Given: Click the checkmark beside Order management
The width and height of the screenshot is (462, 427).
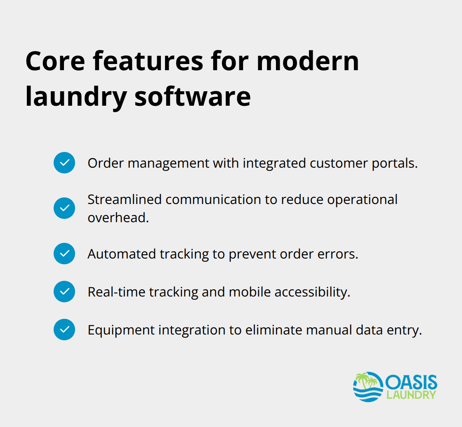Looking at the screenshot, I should point(64,163).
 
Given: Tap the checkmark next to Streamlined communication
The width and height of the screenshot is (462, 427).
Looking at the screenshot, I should point(64,208).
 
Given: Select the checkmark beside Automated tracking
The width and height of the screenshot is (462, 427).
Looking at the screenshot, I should point(64,254).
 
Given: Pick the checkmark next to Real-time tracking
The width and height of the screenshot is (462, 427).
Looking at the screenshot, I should point(64,292).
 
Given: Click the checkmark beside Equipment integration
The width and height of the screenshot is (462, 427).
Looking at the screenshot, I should point(64,330).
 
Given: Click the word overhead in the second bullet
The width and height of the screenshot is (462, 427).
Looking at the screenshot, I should point(118,218).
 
